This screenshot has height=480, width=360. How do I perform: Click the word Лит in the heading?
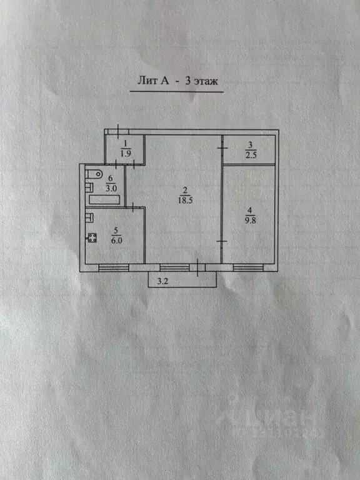[147, 81]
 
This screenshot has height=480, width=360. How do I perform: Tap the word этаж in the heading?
[206, 81]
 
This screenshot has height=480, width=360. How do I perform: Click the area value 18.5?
[185, 200]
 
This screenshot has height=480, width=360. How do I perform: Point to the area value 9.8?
[250, 220]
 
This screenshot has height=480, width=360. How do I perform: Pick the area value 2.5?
[251, 155]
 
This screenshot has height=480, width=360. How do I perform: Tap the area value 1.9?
[126, 153]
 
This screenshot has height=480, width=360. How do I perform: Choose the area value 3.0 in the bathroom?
[111, 188]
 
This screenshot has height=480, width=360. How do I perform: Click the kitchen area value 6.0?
[116, 241]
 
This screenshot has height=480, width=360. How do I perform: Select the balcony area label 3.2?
[162, 281]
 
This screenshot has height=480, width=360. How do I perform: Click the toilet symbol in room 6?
[94, 174]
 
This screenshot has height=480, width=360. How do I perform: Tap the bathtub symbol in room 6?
[104, 199]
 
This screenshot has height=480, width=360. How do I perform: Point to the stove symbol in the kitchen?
[92, 238]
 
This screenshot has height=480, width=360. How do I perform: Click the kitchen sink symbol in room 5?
[89, 217]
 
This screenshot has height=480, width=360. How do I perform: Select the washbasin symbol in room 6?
[89, 187]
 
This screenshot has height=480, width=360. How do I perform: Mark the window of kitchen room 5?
[114, 268]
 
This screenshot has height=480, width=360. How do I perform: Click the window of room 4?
[248, 268]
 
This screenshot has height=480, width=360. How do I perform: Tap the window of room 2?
[174, 268]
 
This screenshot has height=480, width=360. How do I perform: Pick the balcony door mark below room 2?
[197, 267]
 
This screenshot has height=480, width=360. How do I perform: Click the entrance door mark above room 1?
[118, 132]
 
